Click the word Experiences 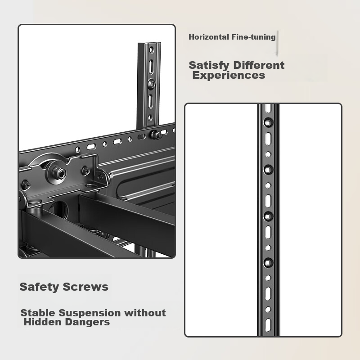point(229,75)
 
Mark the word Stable point(38,313)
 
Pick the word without point(145,313)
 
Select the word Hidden point(41,322)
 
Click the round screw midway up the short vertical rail point(153,84)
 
